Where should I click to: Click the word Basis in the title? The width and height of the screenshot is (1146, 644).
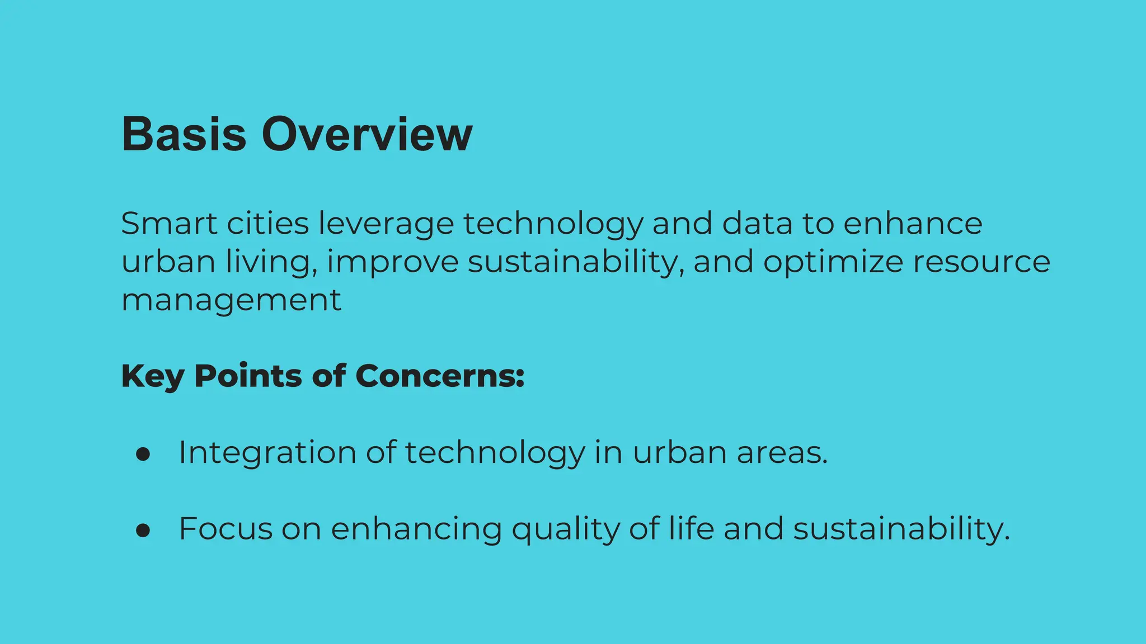(x=184, y=134)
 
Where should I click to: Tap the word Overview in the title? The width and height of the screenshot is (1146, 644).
(x=367, y=134)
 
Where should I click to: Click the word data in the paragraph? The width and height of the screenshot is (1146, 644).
(x=757, y=224)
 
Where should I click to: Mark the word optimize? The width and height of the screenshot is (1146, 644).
(x=833, y=262)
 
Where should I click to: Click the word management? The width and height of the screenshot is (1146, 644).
(x=231, y=300)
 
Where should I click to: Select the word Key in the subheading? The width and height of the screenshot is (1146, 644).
(x=152, y=376)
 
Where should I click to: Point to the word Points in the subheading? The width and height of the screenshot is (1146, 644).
(x=248, y=376)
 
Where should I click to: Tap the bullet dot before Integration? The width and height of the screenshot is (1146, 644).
(x=143, y=454)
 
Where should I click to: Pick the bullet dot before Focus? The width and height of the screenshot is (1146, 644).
(x=143, y=531)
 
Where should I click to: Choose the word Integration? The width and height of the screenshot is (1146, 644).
(x=267, y=452)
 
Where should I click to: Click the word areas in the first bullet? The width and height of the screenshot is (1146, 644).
(x=782, y=452)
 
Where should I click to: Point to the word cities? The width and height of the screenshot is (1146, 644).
(x=267, y=224)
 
